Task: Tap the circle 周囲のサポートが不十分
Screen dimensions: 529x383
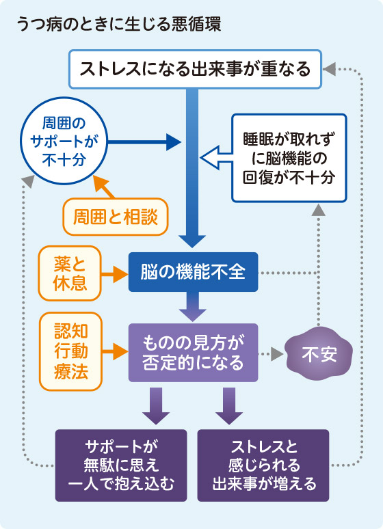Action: (x=64, y=141)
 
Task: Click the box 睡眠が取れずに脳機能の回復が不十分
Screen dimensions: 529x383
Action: (x=289, y=158)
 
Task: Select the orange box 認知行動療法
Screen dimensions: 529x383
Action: (x=70, y=353)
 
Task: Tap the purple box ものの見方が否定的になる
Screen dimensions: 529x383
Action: (x=192, y=353)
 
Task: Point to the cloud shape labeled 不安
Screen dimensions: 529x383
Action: (x=319, y=354)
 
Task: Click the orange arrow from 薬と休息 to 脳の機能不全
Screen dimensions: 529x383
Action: (x=115, y=274)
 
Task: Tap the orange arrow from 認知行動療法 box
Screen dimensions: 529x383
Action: (x=115, y=353)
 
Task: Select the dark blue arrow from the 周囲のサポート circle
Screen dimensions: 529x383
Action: (x=143, y=143)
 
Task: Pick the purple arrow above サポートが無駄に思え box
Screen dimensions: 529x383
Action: (x=155, y=406)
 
